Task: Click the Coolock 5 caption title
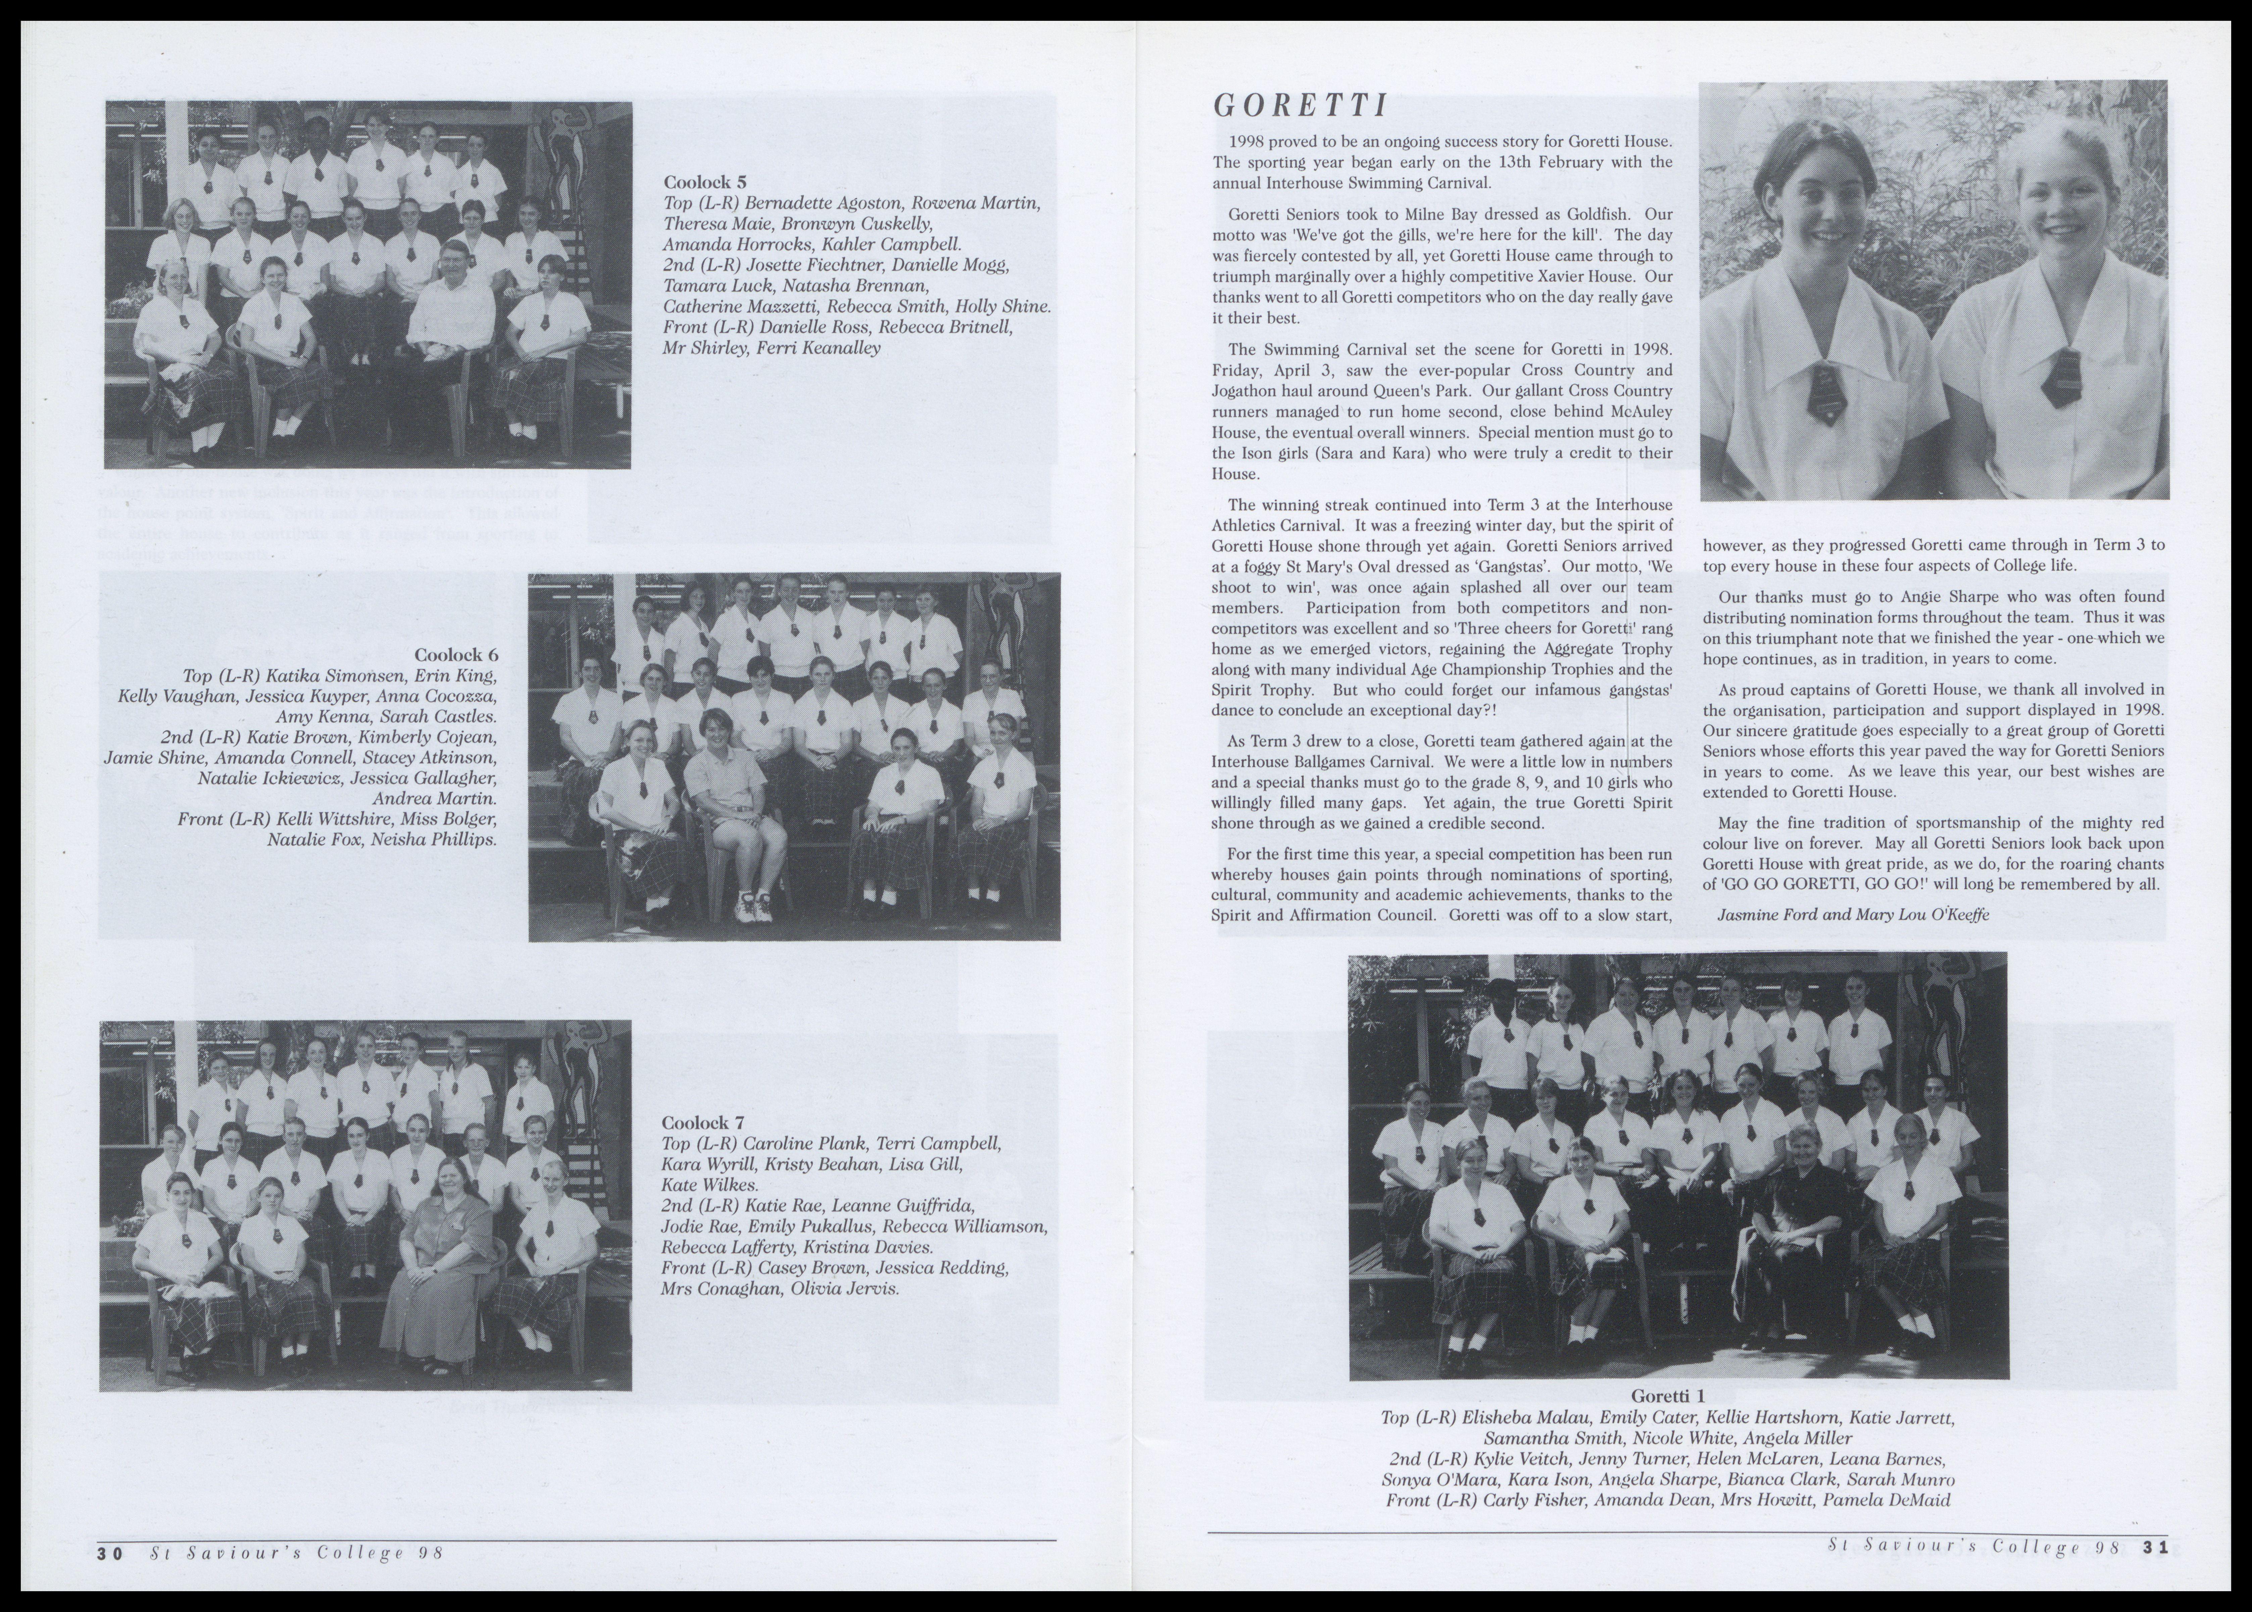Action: click(x=705, y=182)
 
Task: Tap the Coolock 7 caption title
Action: click(x=703, y=1123)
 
